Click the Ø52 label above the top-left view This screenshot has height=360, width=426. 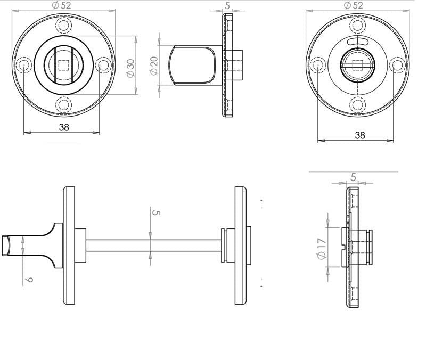63,5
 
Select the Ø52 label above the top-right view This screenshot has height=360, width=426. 354,5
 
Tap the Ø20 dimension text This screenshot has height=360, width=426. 154,64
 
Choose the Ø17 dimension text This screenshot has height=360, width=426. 321,249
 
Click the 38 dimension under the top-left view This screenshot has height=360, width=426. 63,127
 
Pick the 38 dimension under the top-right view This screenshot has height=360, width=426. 360,135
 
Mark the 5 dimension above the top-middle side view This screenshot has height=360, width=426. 227,5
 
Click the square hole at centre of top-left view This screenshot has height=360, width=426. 63,66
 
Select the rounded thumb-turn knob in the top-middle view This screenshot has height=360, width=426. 192,65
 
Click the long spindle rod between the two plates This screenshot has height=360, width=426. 153,246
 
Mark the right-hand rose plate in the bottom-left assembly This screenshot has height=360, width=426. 241,246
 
